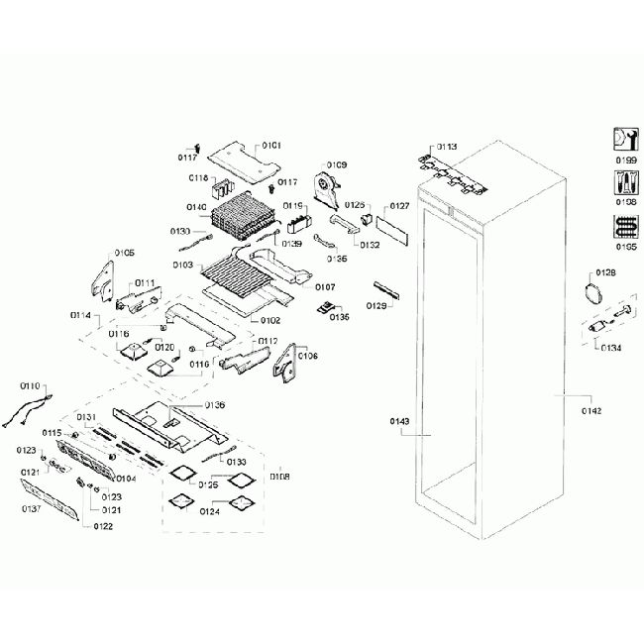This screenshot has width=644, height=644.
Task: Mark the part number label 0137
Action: [33, 509]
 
